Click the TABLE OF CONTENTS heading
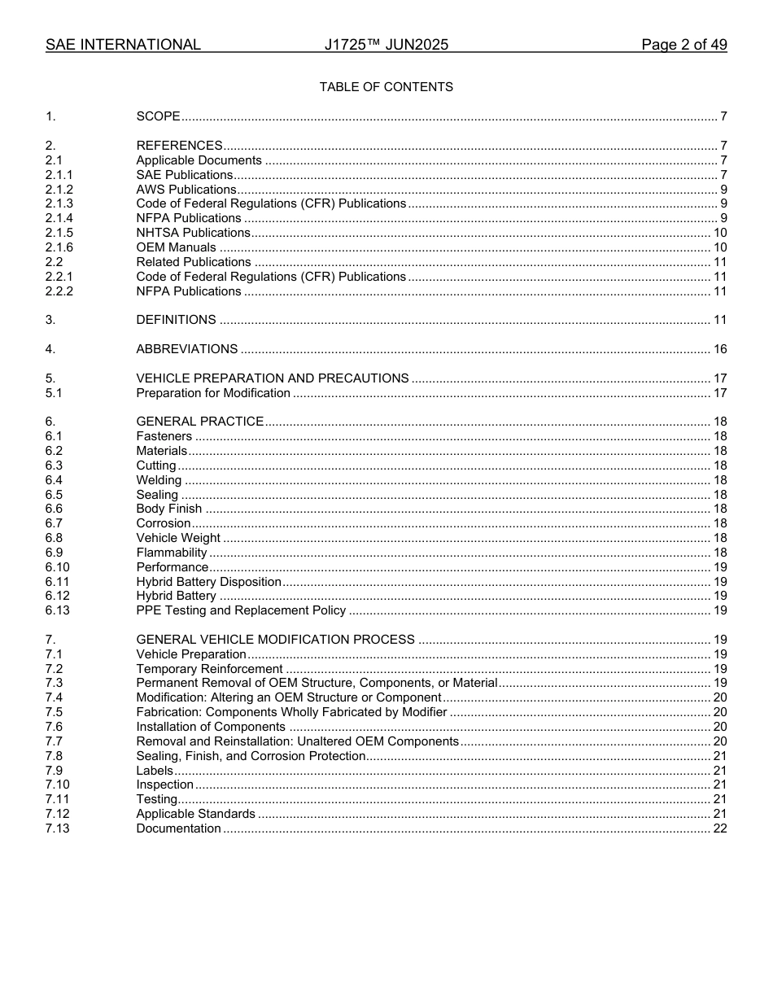pos(386,87)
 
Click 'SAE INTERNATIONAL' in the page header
pos(123,46)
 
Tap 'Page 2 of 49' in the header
pos(683,46)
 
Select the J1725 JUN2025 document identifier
pos(386,46)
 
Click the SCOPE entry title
pos(158,117)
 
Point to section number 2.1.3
pos(59,204)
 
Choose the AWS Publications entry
pos(186,190)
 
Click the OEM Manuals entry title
pos(176,247)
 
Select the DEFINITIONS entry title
pos(176,320)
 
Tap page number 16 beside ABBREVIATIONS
pos(719,349)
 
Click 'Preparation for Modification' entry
pos(213,393)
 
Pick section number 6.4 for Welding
pos(54,480)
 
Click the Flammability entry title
pos(172,553)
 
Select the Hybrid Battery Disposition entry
pos(208,582)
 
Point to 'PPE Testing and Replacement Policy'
pos(241,610)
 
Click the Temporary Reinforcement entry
pos(209,669)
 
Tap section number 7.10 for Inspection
pos(58,785)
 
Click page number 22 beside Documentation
pos(719,828)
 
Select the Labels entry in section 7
pos(155,771)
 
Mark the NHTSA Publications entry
pos(193,233)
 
